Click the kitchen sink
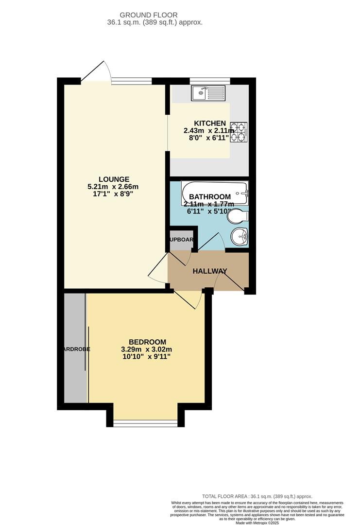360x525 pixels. pyautogui.click(x=208, y=92)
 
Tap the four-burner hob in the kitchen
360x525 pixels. pyautogui.click(x=239, y=133)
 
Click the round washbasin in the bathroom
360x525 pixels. pyautogui.click(x=239, y=237)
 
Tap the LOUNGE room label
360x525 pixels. pyautogui.click(x=113, y=179)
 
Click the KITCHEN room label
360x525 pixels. pyautogui.click(x=210, y=123)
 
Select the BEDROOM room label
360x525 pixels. pyautogui.click(x=147, y=342)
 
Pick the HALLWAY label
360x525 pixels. pyautogui.click(x=210, y=271)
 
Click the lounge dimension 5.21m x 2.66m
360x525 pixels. pyautogui.click(x=113, y=187)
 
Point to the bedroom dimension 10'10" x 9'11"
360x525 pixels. pyautogui.click(x=147, y=357)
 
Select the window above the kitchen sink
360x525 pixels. pyautogui.click(x=209, y=81)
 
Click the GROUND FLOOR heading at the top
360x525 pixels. pyautogui.click(x=155, y=16)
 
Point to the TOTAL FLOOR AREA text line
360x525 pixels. pyautogui.click(x=257, y=496)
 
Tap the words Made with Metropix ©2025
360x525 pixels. pyautogui.click(x=257, y=523)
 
